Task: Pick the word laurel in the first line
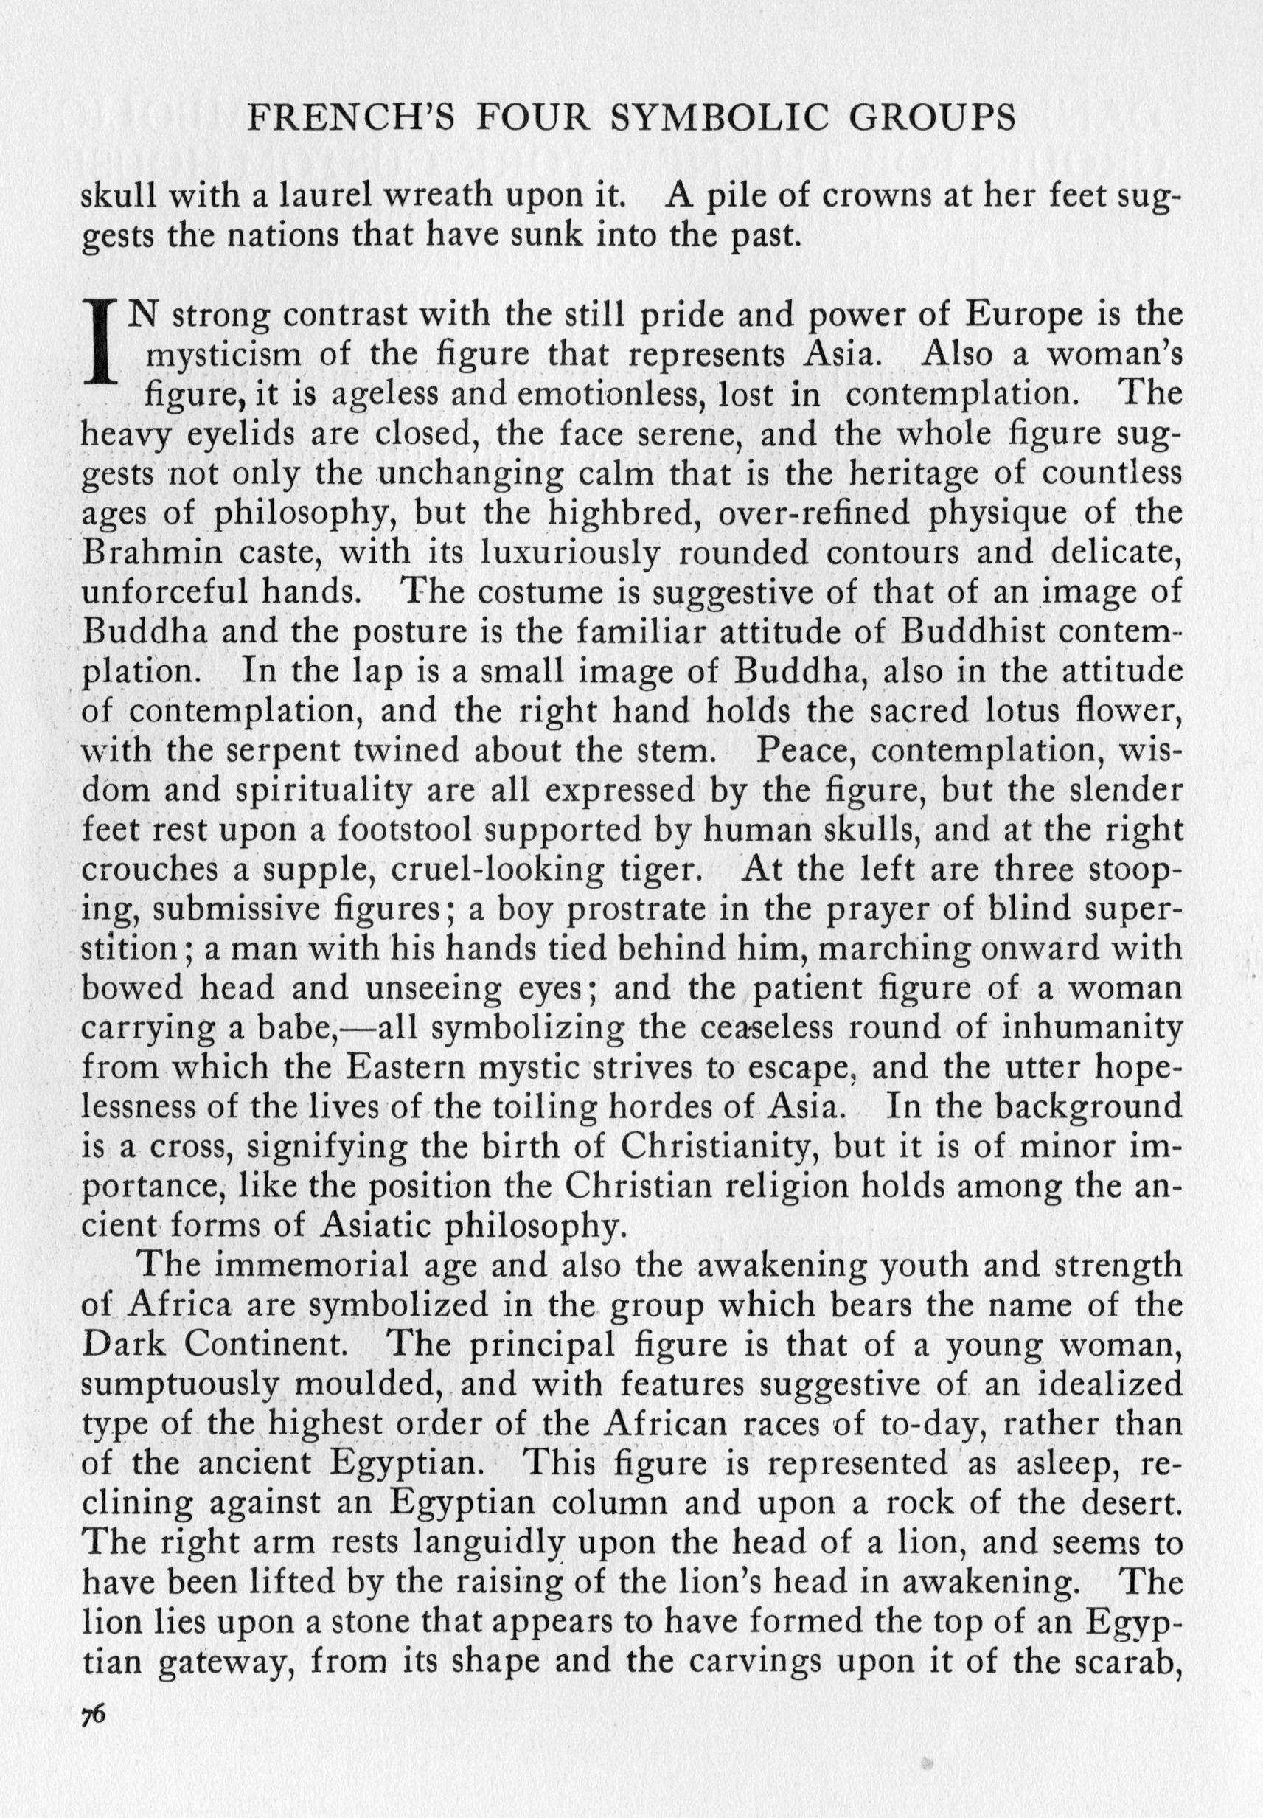[305, 195]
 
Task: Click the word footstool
[411, 830]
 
